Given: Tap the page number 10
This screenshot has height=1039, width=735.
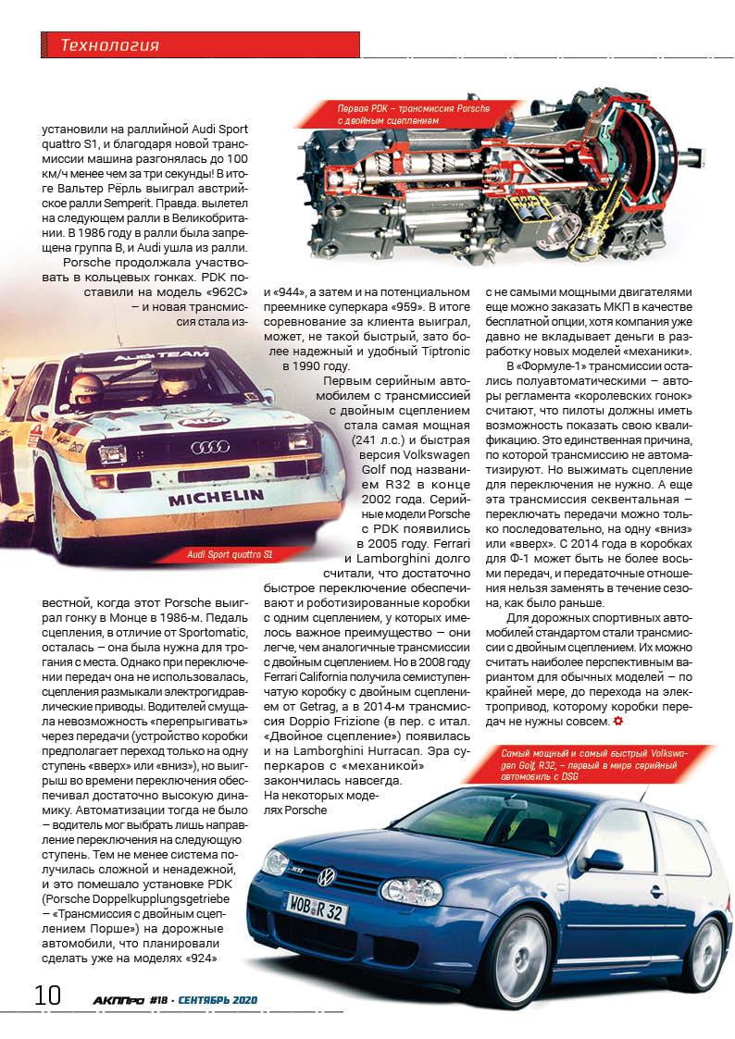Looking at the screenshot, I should pyautogui.click(x=47, y=996).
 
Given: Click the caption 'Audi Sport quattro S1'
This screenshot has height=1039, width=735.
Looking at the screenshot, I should pyautogui.click(x=230, y=554).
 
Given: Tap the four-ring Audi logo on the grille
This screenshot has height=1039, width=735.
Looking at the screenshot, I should pyautogui.click(x=209, y=447).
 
